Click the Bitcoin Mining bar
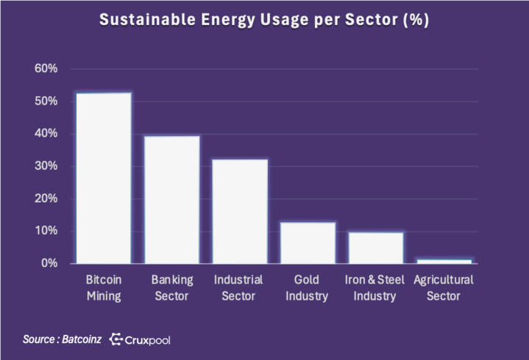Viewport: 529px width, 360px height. (104, 178)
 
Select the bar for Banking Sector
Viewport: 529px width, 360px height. (171, 200)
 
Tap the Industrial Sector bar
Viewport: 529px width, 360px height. (240, 211)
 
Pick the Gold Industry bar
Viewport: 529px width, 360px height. (308, 243)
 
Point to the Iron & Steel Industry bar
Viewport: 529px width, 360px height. (375, 248)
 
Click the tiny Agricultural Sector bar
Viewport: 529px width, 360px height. (444, 261)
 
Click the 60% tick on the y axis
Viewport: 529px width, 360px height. (46, 68)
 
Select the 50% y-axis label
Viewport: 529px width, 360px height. (46, 101)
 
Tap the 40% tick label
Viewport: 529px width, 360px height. (46, 133)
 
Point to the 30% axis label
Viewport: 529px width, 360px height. (46, 166)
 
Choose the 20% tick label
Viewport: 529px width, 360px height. (46, 198)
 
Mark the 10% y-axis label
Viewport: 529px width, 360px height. (46, 230)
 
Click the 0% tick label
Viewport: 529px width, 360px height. (49, 263)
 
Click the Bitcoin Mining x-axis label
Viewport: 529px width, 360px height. (104, 288)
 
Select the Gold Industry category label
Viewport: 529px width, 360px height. (308, 288)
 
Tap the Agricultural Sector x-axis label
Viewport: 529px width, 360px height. (444, 288)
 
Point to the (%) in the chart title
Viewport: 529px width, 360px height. (416, 21)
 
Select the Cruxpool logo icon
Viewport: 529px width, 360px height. (116, 339)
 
